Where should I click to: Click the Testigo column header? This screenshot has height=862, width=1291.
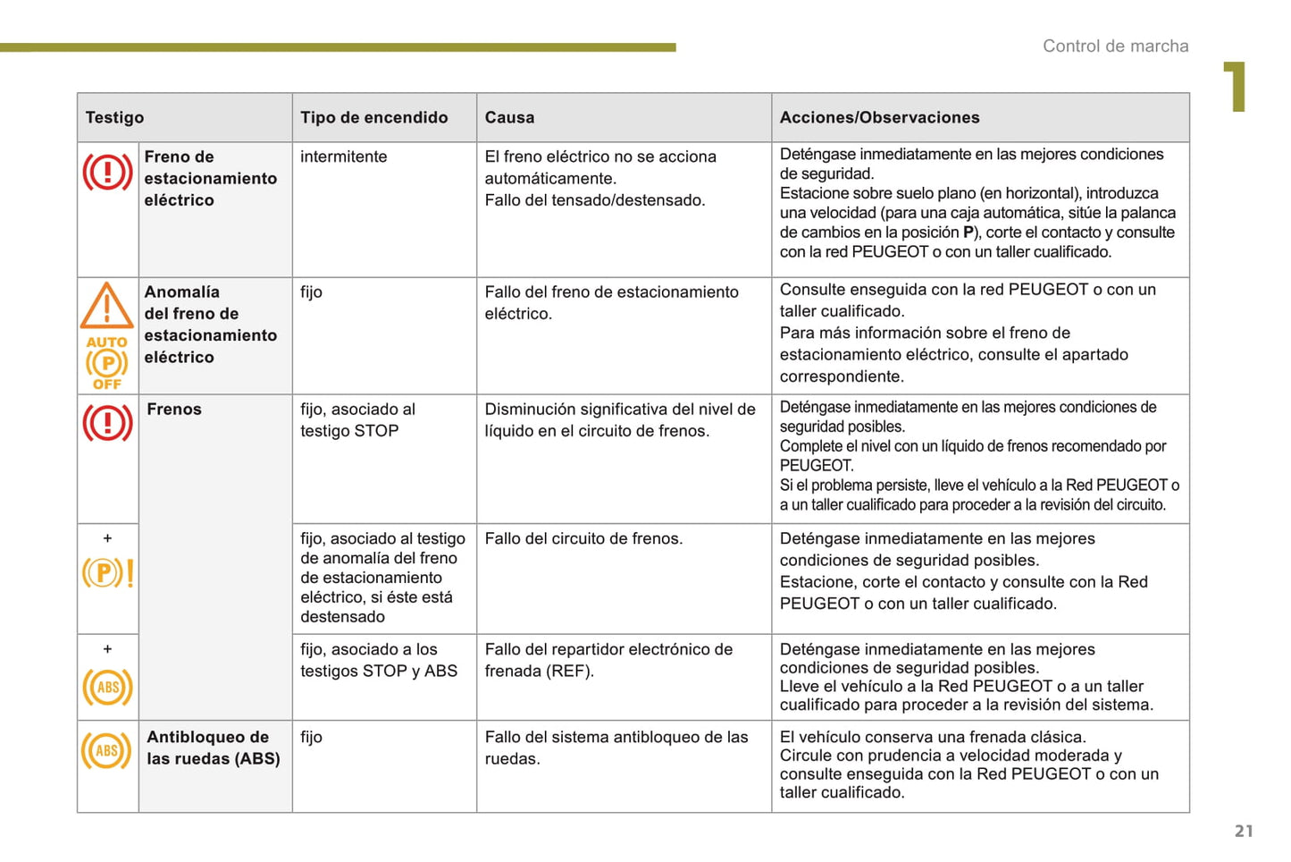[114, 117]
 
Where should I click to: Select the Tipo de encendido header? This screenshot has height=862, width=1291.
[373, 117]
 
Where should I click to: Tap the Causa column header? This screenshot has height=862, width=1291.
[509, 117]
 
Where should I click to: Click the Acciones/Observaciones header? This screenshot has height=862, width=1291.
[879, 117]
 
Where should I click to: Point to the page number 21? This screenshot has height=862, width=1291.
[1244, 831]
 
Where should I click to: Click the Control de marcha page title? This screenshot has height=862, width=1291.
[1115, 46]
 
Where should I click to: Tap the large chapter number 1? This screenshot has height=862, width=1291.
[1236, 87]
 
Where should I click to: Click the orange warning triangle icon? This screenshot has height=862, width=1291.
[107, 306]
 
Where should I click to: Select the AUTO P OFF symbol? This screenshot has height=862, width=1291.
[107, 363]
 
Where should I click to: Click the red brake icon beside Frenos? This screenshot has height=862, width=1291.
[107, 423]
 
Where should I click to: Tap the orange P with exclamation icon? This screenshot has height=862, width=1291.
[107, 572]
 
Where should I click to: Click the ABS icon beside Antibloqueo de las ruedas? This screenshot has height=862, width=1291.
[107, 750]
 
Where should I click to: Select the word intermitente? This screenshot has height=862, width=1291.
[343, 156]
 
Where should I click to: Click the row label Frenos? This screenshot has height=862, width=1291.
[174, 409]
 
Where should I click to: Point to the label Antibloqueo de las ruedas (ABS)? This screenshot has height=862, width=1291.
[213, 748]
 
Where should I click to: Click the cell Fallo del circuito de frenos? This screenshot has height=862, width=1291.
[583, 538]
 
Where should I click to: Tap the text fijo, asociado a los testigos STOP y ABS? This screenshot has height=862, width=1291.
[379, 660]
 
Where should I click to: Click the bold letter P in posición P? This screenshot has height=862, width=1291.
[968, 232]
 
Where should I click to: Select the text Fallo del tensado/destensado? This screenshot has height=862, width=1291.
[594, 200]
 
